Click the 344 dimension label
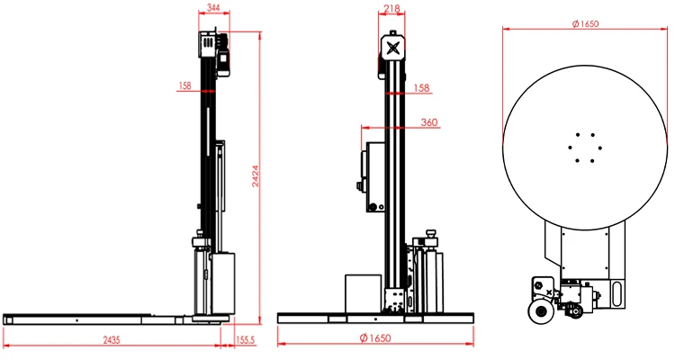pyautogui.click(x=213, y=8)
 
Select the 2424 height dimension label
pyautogui.click(x=256, y=175)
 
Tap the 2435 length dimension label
pyautogui.click(x=112, y=340)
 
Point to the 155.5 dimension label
pyautogui.click(x=245, y=340)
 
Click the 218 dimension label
pyautogui.click(x=391, y=8)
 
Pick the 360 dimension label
pyautogui.click(x=428, y=122)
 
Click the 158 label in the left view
pyautogui.click(x=184, y=85)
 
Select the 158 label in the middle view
pyautogui.click(x=421, y=88)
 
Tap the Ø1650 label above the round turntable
pyautogui.click(x=585, y=23)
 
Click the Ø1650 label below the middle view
pyautogui.click(x=375, y=338)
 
